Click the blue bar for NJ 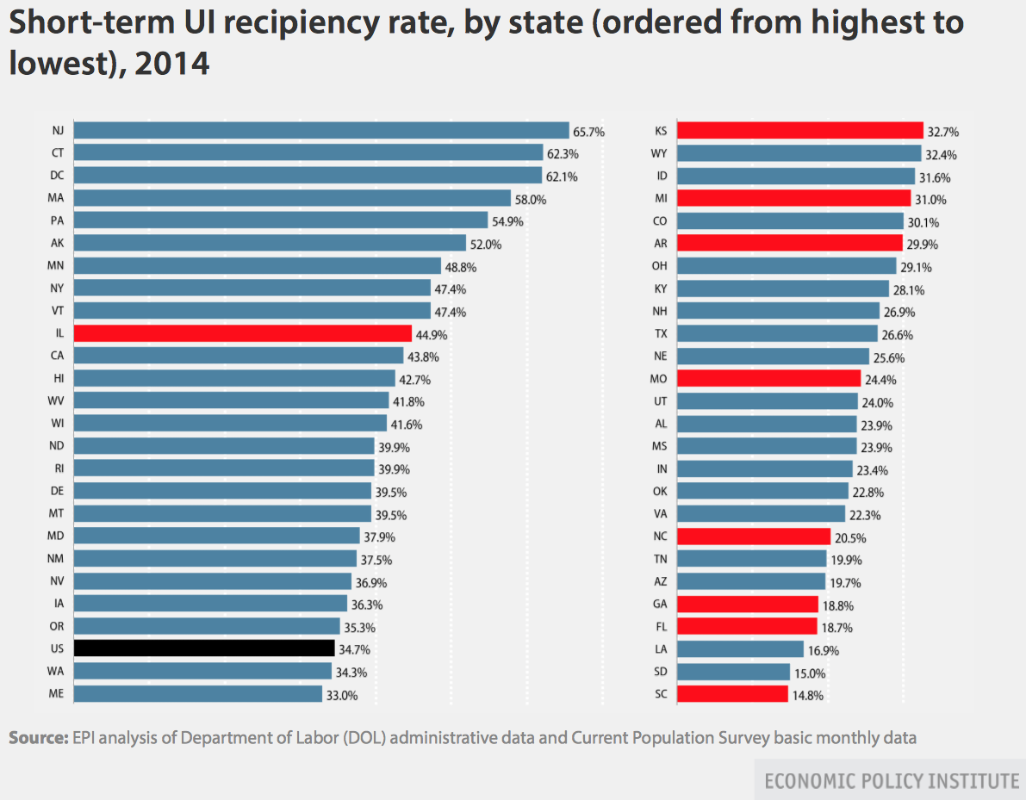321,131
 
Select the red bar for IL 242,333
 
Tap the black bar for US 204,648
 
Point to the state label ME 57,693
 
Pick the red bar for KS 800,131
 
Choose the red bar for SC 732,693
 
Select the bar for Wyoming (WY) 799,153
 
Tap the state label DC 57,176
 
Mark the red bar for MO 768,378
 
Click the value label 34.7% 354,648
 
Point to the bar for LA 740,648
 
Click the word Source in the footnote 37,738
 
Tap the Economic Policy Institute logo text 892,781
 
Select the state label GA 661,604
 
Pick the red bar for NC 754,536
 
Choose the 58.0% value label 531,199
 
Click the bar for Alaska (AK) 270,243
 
